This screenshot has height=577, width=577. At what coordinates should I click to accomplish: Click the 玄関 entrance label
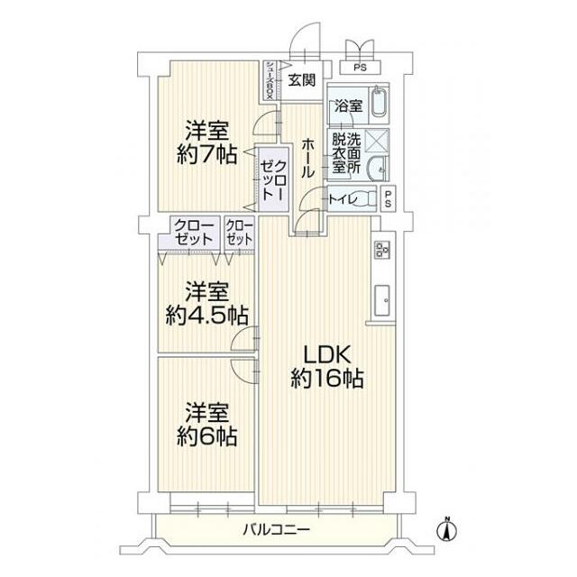(x=302, y=79)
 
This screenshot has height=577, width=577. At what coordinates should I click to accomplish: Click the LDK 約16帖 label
(x=325, y=366)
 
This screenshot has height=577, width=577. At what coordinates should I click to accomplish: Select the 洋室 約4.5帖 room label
(x=206, y=304)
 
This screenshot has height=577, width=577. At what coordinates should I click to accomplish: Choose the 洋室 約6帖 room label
(x=206, y=426)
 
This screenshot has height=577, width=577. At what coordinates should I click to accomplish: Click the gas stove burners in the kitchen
(x=380, y=250)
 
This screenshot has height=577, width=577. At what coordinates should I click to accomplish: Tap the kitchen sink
(x=380, y=297)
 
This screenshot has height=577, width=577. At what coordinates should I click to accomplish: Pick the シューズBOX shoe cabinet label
(x=270, y=80)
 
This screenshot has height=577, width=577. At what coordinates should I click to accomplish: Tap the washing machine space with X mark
(x=379, y=140)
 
